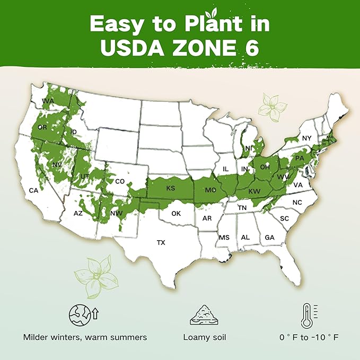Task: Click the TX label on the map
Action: (161, 242)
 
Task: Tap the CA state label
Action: (33, 190)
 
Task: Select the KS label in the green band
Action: (171, 188)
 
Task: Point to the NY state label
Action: (306, 138)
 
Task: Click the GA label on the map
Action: (269, 237)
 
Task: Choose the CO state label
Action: (120, 181)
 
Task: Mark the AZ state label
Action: (78, 213)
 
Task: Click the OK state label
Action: (176, 213)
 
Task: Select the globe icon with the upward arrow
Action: (83, 315)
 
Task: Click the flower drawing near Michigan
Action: (272, 105)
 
